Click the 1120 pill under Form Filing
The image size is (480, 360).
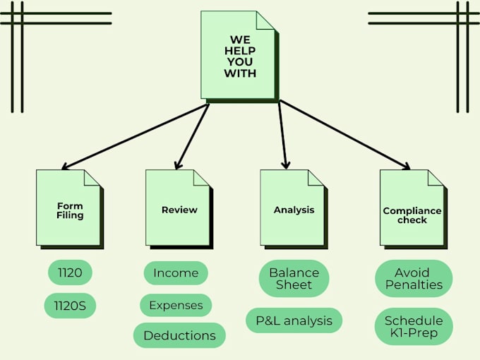tap(70, 272)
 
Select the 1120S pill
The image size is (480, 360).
tap(70, 306)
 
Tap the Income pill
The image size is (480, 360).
tap(176, 272)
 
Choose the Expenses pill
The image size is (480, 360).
tap(176, 305)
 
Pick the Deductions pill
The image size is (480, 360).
tap(179, 335)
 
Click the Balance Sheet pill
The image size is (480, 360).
tap(294, 278)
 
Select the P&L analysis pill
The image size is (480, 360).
tap(294, 320)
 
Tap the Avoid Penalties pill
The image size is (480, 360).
tap(414, 278)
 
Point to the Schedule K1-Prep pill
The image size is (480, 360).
tap(414, 326)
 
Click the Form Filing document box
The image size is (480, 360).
tap(70, 210)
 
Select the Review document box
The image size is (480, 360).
tap(179, 210)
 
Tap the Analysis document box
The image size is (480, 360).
tap(294, 210)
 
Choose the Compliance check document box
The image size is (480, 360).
tap(414, 210)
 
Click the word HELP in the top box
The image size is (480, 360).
tap(240, 51)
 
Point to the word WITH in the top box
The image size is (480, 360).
tap(240, 73)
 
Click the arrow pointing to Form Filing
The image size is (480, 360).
tap(135, 136)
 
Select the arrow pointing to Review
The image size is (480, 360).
tap(192, 136)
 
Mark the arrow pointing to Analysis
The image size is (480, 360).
tap(282, 135)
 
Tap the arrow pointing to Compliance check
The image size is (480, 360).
tap(345, 135)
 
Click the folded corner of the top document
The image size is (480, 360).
tap(265, 20)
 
